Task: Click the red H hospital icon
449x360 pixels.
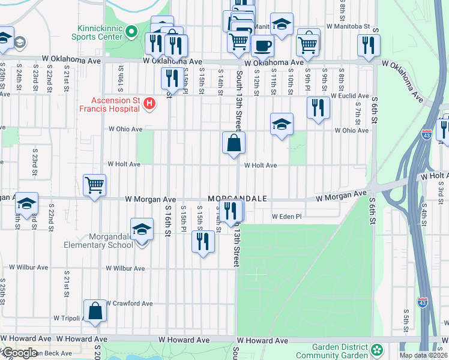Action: (149, 104)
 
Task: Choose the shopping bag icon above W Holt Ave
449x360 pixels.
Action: (234, 143)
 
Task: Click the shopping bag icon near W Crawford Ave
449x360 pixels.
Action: (95, 311)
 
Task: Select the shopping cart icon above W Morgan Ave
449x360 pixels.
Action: (95, 185)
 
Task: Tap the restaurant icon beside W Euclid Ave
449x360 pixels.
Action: (318, 107)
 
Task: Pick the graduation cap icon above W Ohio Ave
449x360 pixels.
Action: (282, 124)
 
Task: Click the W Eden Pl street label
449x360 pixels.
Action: (286, 217)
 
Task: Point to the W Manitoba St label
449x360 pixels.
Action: (348, 27)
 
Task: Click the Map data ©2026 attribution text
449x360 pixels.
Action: (424, 355)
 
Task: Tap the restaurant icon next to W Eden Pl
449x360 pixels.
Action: (231, 211)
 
